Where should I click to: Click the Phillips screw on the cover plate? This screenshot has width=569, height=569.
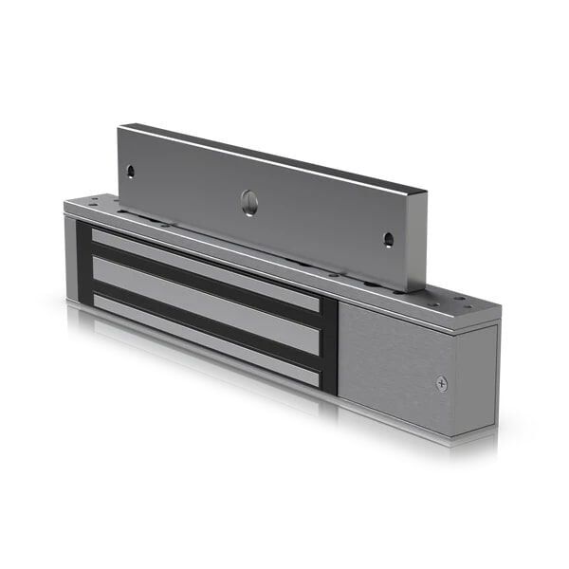pos(441,383)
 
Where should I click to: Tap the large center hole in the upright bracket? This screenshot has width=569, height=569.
pos(249,200)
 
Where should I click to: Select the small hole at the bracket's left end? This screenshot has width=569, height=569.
pos(131,172)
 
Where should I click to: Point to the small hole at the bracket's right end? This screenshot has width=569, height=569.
pos(387,239)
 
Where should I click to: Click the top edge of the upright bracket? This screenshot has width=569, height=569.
pos(275,157)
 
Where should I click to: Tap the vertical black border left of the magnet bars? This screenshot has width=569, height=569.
pos(83,266)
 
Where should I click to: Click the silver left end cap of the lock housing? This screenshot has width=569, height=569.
pos(70,256)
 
